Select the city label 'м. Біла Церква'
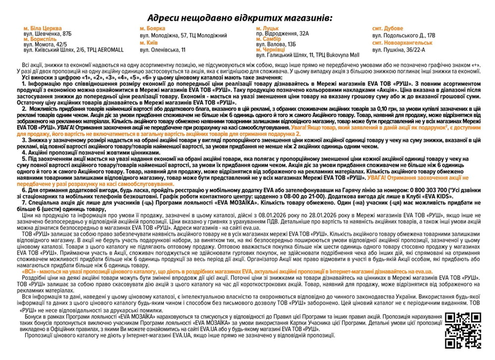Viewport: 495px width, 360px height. coord(43,28)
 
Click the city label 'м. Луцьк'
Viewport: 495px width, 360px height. coord(267,28)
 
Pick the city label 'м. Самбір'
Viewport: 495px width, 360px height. coord(268,39)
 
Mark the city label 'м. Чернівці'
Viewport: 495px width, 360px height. coord(270,49)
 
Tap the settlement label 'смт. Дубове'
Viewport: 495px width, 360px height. coord(388,28)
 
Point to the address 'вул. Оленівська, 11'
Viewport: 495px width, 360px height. coord(162,50)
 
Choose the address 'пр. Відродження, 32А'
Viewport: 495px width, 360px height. coord(282,33)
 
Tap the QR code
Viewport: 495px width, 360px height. coord(463,330)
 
